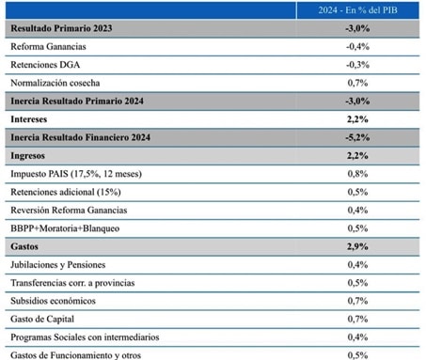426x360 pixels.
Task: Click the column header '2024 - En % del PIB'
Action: tap(357, 10)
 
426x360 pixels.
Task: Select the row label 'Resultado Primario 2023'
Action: tap(61, 28)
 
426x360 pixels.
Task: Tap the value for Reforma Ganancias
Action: tap(357, 46)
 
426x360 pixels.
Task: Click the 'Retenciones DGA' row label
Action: tap(45, 65)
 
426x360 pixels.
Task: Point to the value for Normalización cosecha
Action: tap(357, 83)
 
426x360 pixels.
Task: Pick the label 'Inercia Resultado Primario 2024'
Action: tap(77, 101)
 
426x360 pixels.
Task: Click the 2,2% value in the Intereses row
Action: tap(357, 119)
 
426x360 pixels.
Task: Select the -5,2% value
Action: tap(357, 137)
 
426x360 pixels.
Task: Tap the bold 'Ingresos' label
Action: tap(28, 156)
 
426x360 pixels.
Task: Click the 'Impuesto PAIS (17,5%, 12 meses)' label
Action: tap(76, 174)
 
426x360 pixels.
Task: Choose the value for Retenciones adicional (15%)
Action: tap(357, 192)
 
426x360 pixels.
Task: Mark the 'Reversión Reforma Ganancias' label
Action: tap(69, 210)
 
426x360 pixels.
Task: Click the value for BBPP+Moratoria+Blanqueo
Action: tap(357, 228)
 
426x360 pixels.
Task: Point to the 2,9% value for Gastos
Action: tap(357, 246)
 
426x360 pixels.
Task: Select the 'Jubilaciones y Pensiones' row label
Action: tap(58, 265)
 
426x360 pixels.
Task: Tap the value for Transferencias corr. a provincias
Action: tap(357, 283)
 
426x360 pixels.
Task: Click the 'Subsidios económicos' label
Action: tap(53, 301)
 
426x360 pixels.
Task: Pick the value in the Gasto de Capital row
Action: tap(357, 319)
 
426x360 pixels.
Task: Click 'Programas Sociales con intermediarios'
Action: tap(85, 337)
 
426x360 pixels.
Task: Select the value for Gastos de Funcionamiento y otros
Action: tap(357, 355)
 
